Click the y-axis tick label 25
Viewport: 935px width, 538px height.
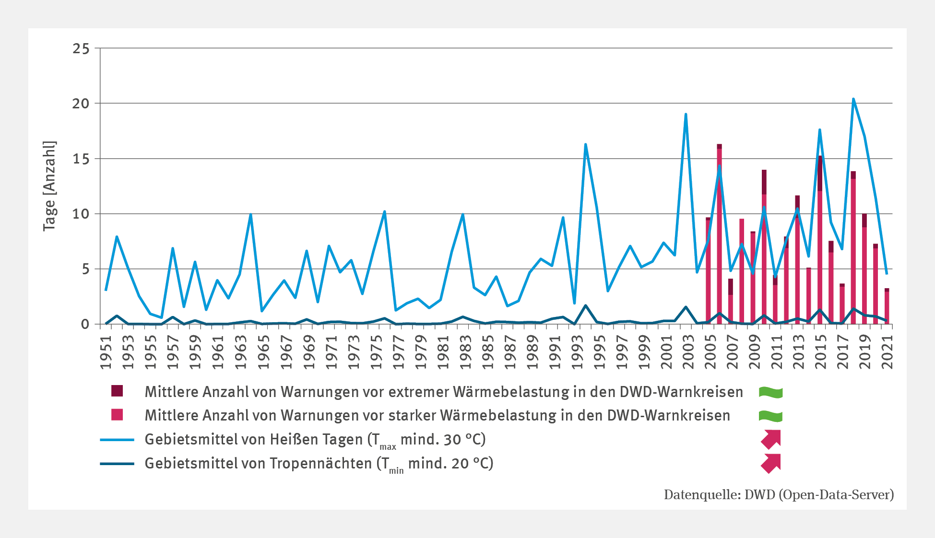pos(81,49)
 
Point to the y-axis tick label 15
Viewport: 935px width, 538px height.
pos(81,159)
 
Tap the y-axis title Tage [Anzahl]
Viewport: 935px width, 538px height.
pos(49,186)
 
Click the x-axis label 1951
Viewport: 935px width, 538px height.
pos(106,352)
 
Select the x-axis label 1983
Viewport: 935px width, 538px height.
pos(463,352)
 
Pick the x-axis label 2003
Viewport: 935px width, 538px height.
pos(687,352)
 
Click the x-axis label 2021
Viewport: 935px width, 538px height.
pos(888,352)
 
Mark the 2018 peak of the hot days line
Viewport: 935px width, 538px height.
pos(853,99)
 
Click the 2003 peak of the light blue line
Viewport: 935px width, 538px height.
pos(686,114)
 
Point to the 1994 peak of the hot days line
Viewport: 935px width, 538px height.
pos(586,144)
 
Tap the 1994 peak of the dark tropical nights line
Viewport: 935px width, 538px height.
pos(586,305)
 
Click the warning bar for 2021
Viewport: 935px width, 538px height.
pos(887,307)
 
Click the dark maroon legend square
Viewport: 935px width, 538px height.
pos(117,391)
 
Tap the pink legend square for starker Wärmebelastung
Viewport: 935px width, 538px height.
pos(117,415)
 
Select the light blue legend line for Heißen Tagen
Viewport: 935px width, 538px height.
pos(117,439)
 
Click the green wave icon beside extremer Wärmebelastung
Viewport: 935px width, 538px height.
pos(770,393)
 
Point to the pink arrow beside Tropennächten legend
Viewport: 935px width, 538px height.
pos(770,463)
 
